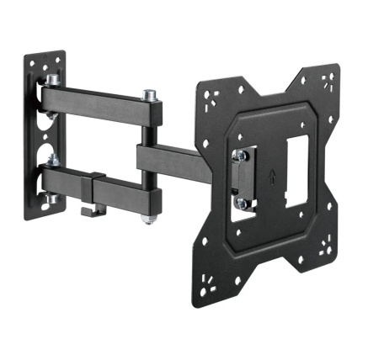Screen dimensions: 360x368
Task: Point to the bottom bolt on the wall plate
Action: click(x=51, y=199)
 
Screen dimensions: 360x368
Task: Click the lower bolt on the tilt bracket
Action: click(x=242, y=202)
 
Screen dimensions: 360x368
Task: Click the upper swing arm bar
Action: click(x=101, y=105)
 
